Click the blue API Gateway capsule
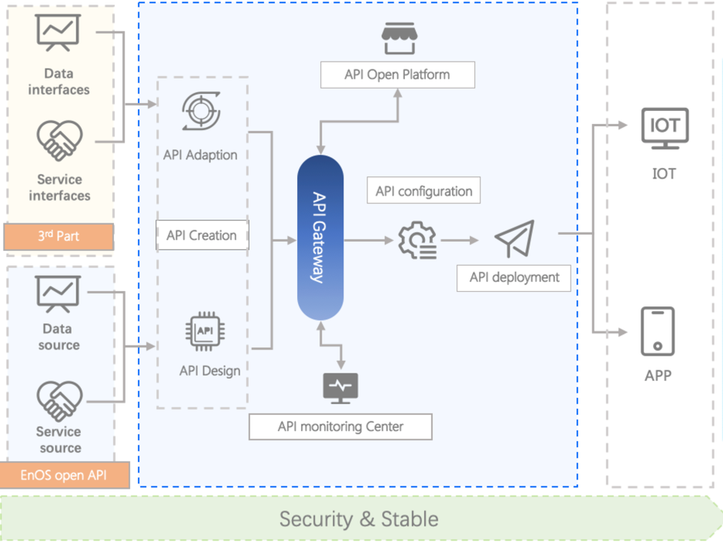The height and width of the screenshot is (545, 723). click(320, 237)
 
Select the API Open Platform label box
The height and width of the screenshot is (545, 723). click(397, 75)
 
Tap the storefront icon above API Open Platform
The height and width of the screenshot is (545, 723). click(398, 38)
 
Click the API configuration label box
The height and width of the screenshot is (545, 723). click(424, 191)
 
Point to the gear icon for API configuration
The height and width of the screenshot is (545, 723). click(417, 240)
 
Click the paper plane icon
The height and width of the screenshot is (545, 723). click(514, 239)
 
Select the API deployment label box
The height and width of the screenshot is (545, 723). click(514, 278)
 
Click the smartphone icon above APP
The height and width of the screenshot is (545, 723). click(658, 331)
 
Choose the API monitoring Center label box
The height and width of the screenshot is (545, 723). click(340, 426)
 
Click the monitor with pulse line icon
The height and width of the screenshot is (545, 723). click(340, 387)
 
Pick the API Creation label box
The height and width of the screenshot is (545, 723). click(202, 236)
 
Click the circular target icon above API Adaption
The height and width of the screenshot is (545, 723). click(202, 111)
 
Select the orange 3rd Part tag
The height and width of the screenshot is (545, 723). click(59, 237)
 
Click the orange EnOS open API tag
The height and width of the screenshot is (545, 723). click(64, 475)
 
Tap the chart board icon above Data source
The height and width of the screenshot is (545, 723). click(59, 294)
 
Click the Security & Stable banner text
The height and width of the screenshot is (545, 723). click(359, 519)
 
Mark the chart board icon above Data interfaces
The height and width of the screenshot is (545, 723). click(59, 34)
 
